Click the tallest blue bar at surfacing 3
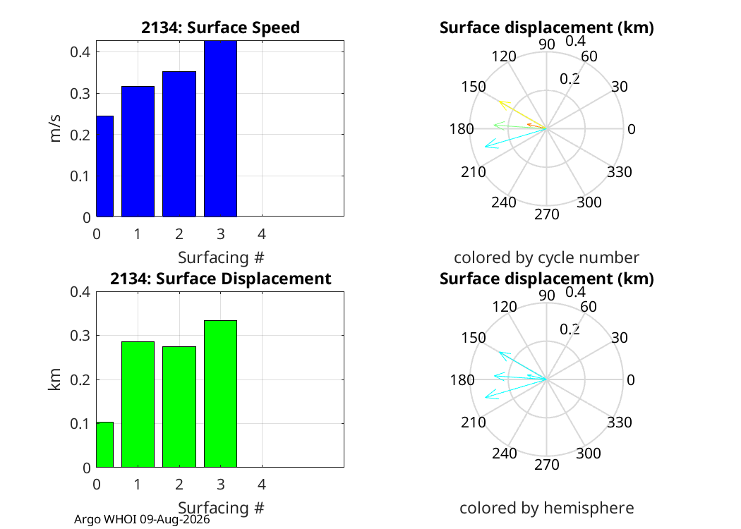220,128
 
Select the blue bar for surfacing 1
138,151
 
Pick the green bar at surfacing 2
179,407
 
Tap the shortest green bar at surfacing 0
105,444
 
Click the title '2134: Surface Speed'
220,28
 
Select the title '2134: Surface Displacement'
220,278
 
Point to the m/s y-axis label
55,128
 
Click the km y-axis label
55,379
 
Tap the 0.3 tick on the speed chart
80,94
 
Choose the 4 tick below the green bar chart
262,484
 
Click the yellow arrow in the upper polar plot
523,114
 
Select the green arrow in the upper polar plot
520,126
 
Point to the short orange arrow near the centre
537,126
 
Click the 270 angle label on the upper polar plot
547,214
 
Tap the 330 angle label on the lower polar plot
620,422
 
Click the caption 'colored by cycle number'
546,257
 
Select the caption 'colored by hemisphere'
547,508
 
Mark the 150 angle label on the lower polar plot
474,338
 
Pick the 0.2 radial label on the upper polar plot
570,79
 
